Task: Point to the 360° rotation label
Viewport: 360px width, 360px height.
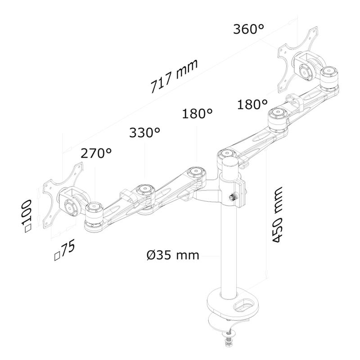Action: coord(248,30)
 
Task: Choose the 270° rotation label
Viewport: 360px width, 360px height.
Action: coord(96,153)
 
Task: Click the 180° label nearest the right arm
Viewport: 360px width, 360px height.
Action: coord(252,105)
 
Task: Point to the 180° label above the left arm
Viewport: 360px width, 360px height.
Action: coord(197,113)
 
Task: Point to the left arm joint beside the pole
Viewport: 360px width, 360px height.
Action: coord(196,173)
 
